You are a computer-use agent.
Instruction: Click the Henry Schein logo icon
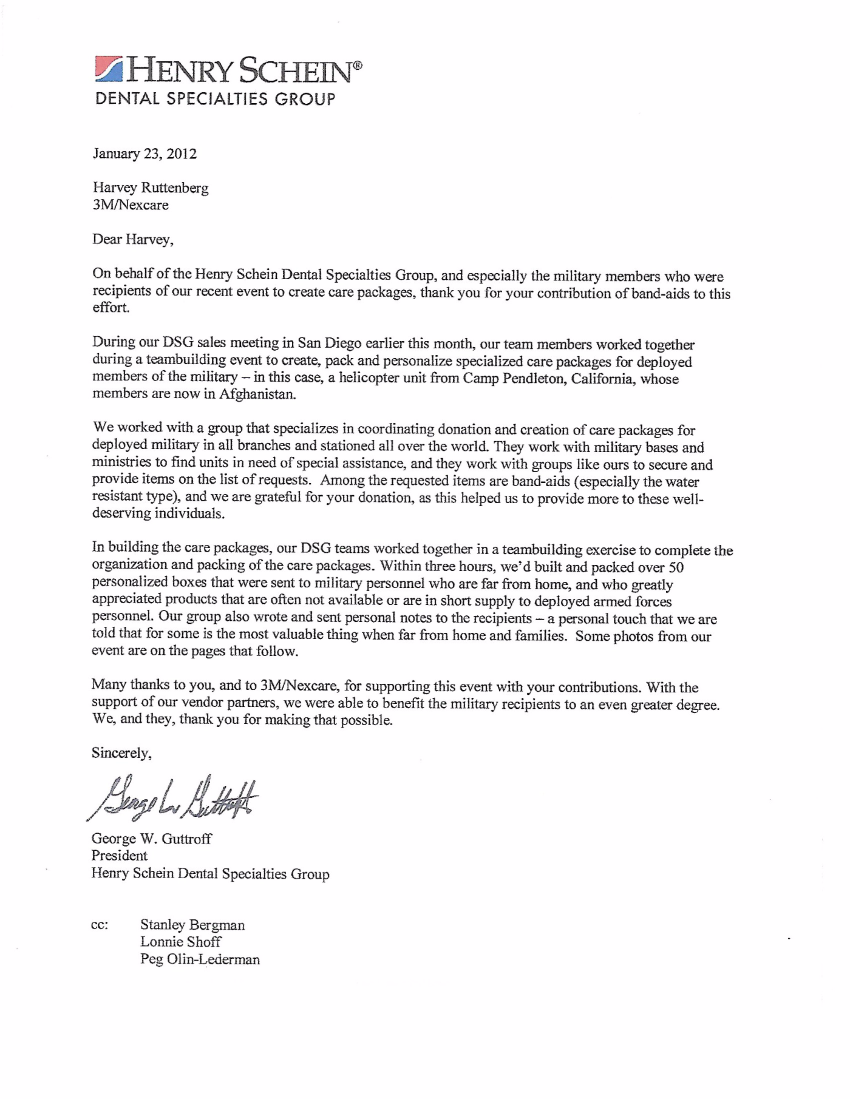tap(110, 69)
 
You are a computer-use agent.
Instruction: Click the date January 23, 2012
tap(144, 154)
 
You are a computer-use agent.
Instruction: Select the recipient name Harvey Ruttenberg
tap(151, 188)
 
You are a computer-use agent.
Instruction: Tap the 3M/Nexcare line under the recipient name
tap(131, 205)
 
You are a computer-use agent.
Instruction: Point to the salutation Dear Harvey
tap(133, 240)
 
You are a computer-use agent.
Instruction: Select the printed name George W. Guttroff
tap(151, 839)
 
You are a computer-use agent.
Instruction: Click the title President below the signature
tap(120, 856)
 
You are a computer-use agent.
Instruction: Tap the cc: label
tap(100, 925)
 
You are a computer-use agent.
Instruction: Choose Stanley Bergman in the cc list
tap(192, 925)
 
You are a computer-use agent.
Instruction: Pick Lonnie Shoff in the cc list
tap(181, 942)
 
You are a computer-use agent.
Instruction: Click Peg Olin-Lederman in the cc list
tap(200, 960)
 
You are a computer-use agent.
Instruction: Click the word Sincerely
tap(121, 754)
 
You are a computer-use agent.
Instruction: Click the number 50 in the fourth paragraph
tap(676, 568)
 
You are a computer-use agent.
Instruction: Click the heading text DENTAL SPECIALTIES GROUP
tap(215, 99)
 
